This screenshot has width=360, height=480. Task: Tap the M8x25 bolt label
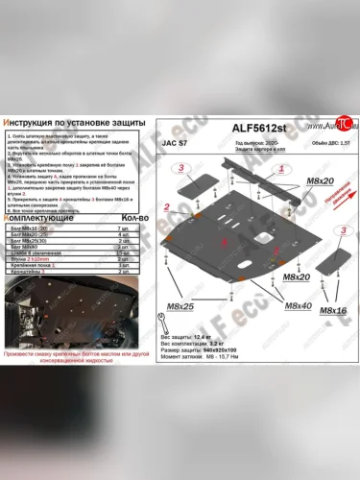[x=182, y=306]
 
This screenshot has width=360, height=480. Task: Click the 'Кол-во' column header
[x=124, y=219]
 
